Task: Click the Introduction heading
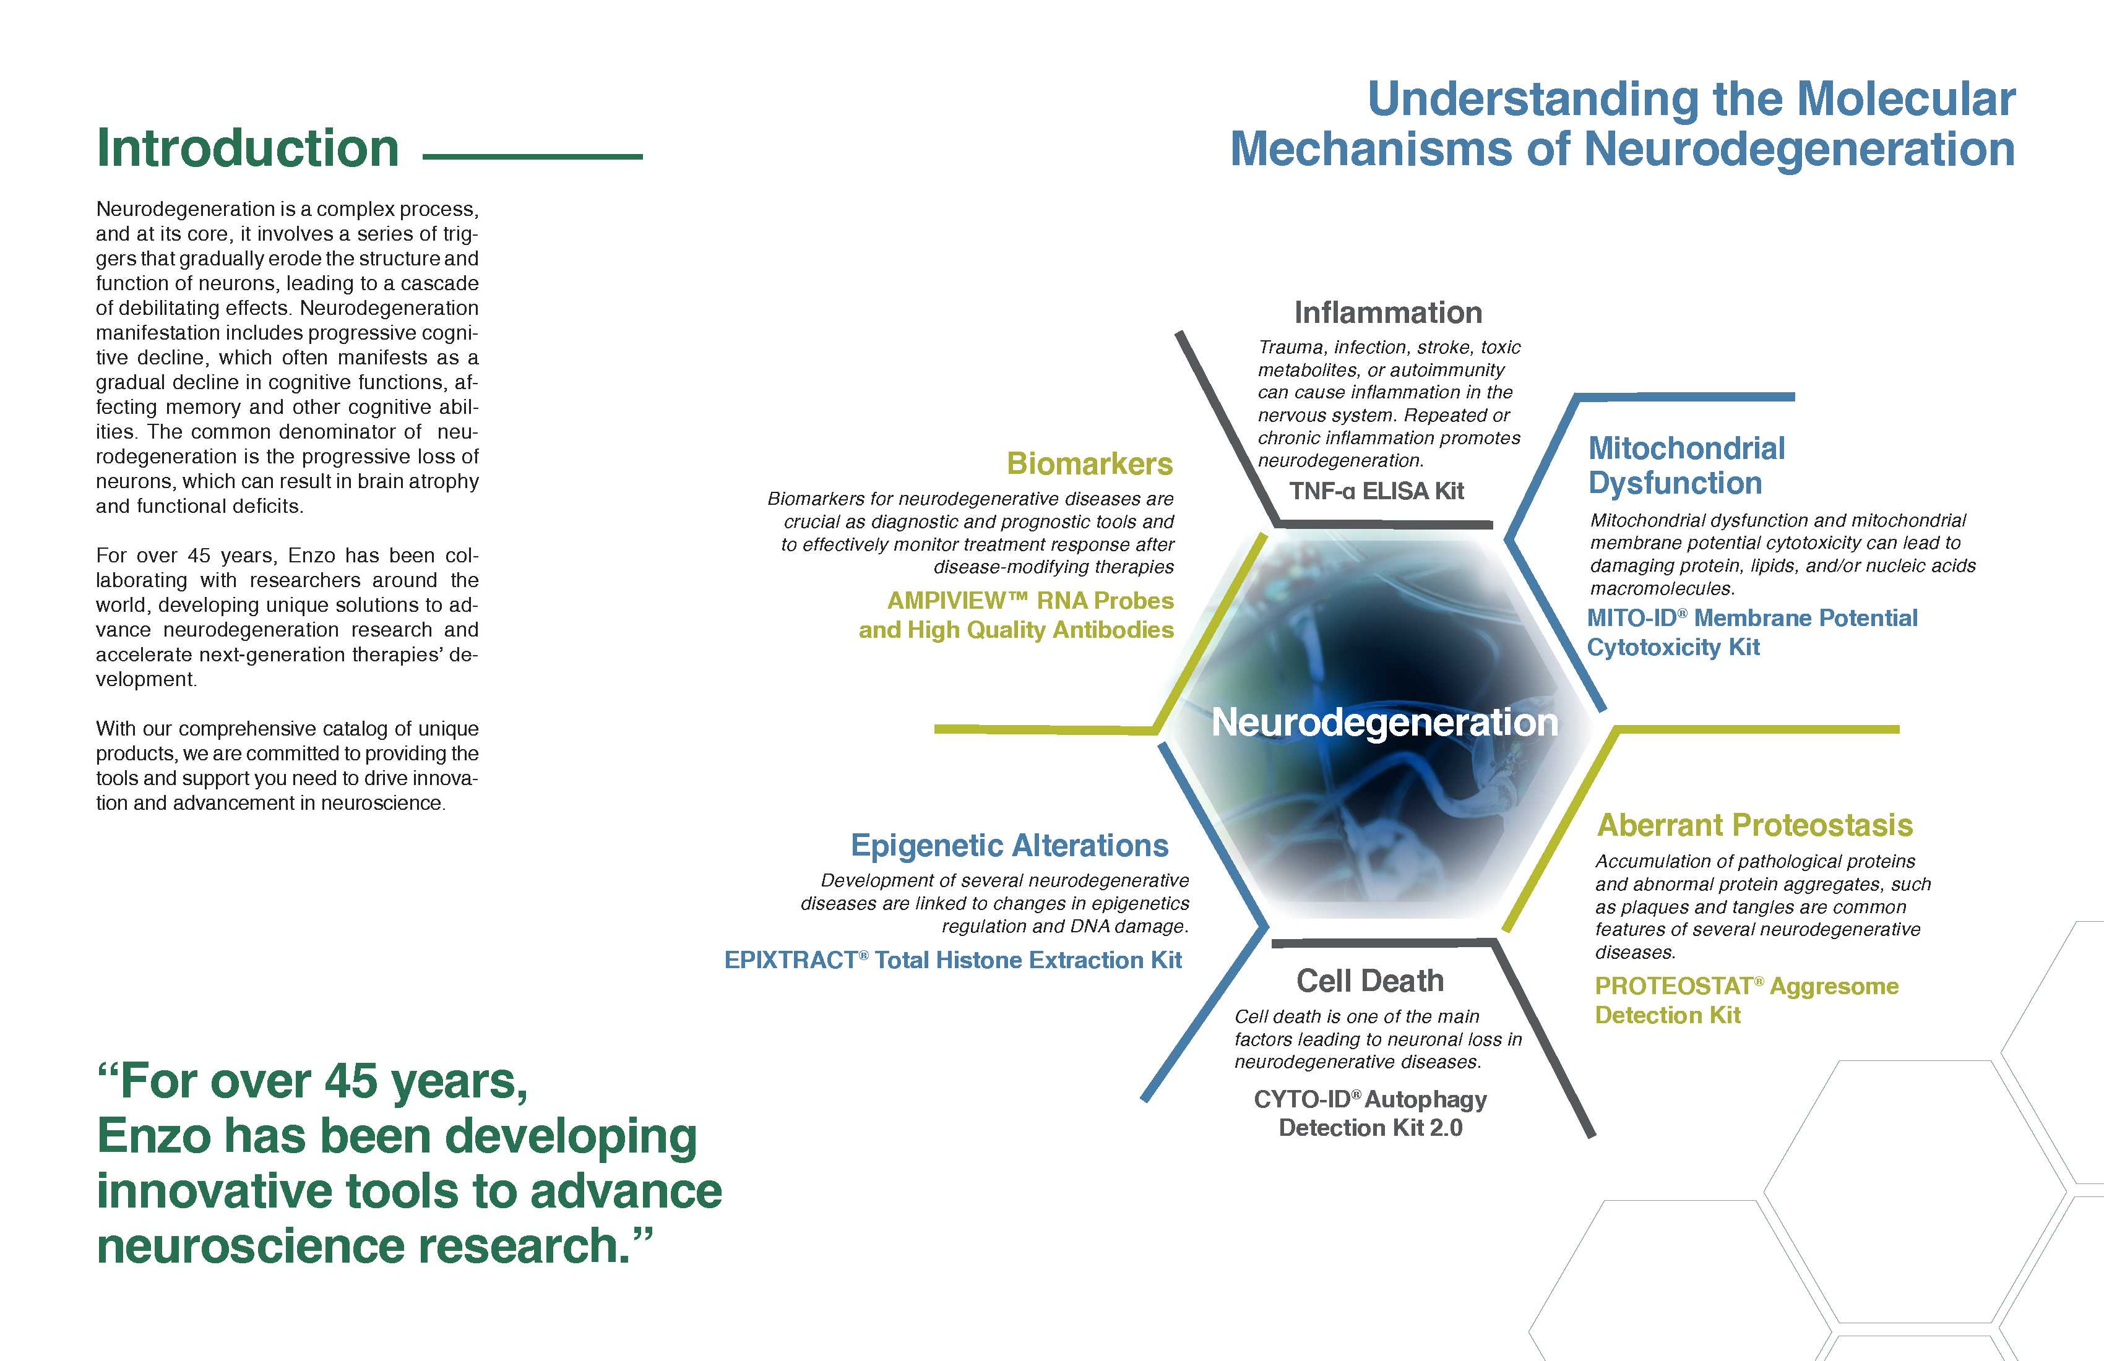248,148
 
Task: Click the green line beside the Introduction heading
533,157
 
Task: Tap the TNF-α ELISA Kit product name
1376,491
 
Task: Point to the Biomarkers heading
1090,463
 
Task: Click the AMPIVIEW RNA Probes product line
1031,600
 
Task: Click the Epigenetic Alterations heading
1009,845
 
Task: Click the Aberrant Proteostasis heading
1755,825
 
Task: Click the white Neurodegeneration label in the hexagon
1384,722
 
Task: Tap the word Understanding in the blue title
1532,100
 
